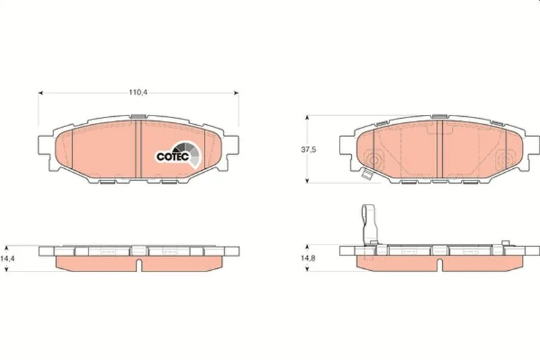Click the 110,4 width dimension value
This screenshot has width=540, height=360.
pyautogui.click(x=138, y=93)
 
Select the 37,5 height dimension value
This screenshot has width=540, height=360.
pyautogui.click(x=308, y=149)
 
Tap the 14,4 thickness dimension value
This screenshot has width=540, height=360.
pyautogui.click(x=7, y=259)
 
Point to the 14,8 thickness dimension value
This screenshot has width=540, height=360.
pyautogui.click(x=308, y=259)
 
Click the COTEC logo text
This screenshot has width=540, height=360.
pyautogui.click(x=173, y=157)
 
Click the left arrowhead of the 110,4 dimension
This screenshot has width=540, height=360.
pyautogui.click(x=40, y=93)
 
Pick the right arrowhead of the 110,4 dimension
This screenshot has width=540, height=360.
pyautogui.click(x=236, y=93)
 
